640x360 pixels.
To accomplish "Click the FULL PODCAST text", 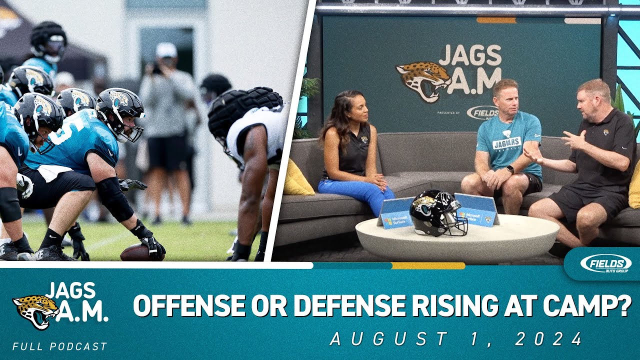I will pyautogui.click(x=60, y=346).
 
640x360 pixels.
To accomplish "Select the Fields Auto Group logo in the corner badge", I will pyautogui.click(x=605, y=263).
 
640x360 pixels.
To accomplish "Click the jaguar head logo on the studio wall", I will pyautogui.click(x=423, y=80).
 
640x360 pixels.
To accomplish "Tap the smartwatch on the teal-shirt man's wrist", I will pyautogui.click(x=509, y=170).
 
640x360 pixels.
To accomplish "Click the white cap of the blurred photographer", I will pyautogui.click(x=166, y=50).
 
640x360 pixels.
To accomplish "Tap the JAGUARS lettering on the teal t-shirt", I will pyautogui.click(x=506, y=143).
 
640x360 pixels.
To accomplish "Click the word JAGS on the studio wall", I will pyautogui.click(x=469, y=55).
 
